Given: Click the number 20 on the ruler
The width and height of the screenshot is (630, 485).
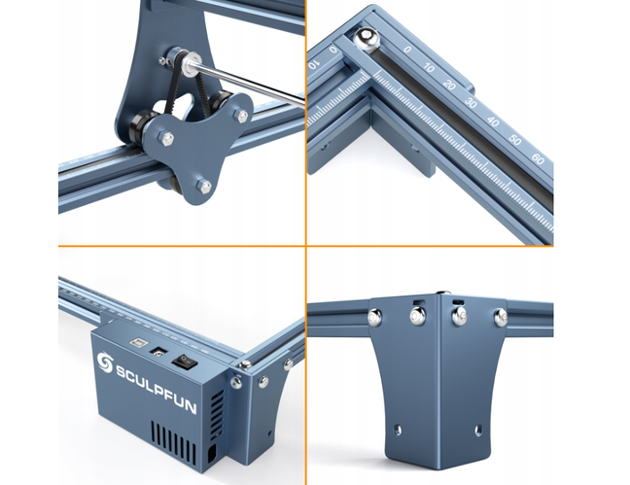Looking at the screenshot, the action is pyautogui.click(x=449, y=85).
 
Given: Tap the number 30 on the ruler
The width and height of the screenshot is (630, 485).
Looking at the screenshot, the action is pyautogui.click(x=471, y=102).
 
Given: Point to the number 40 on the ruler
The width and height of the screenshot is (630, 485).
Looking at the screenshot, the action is pyautogui.click(x=493, y=121).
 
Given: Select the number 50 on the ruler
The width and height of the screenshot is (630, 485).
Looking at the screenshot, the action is pyautogui.click(x=514, y=139).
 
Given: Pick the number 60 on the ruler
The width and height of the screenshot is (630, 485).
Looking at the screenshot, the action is pyautogui.click(x=538, y=158).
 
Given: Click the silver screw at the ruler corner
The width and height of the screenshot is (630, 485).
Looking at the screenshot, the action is pyautogui.click(x=367, y=39).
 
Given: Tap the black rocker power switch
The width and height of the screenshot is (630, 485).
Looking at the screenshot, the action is pyautogui.click(x=185, y=362).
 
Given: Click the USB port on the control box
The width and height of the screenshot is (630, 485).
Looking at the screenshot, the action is pyautogui.click(x=137, y=343).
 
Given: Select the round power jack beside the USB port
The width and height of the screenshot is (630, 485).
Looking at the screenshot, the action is pyautogui.click(x=158, y=353).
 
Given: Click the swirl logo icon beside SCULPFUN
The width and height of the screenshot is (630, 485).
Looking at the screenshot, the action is pyautogui.click(x=105, y=363).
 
